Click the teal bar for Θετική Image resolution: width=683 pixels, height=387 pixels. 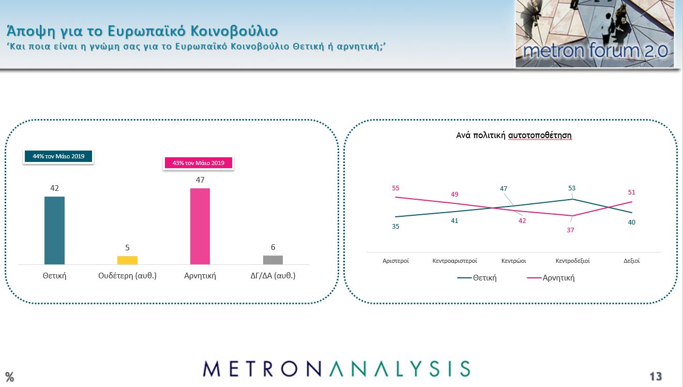54,230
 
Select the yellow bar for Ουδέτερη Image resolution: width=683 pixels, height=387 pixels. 127,260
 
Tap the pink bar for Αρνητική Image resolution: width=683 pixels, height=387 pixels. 200,226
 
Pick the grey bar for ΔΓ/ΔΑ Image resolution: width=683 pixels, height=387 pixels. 273,260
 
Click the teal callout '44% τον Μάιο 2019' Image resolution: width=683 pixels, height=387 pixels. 58,156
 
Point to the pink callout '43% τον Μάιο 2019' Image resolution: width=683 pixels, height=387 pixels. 199,163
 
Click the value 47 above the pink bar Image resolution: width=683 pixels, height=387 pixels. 200,180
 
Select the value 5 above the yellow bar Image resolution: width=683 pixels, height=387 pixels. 127,248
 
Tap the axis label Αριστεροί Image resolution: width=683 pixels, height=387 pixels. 396,261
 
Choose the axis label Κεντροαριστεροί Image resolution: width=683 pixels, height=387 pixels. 454,261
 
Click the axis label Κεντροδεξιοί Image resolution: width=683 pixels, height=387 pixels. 572,261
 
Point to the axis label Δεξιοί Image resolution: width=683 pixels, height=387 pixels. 631,261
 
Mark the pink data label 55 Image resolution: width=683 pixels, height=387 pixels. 396,188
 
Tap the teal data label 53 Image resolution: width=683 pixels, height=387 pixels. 572,188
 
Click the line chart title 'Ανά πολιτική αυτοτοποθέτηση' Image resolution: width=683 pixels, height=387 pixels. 513,136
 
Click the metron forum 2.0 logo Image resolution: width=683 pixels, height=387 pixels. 595,34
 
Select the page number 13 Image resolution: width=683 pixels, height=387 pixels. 656,376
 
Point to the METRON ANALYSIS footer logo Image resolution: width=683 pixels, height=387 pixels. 336,368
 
